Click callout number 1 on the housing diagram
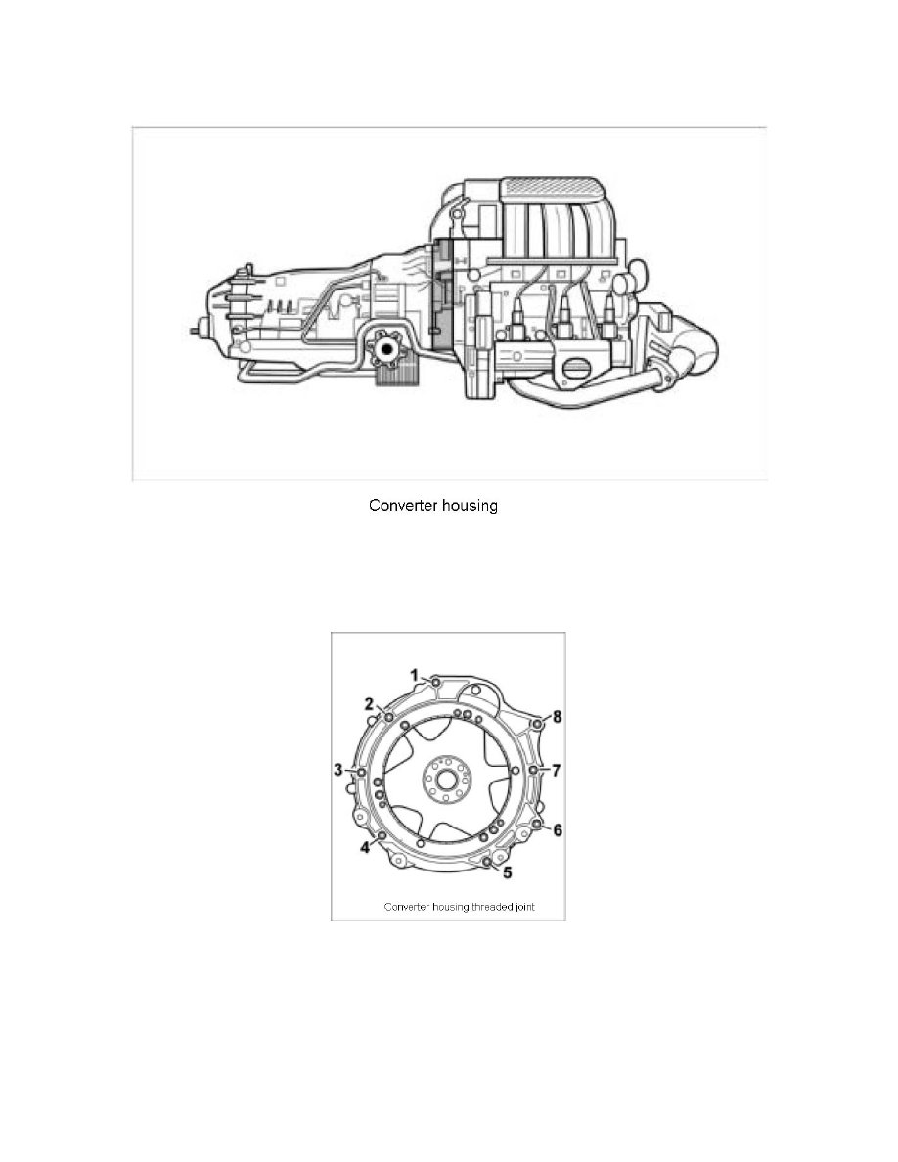414,675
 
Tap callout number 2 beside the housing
371,703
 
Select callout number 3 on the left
339,770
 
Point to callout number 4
365,847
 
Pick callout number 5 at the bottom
506,870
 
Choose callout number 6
558,829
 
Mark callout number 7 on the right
556,770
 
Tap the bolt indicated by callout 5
487,861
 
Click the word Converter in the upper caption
401,507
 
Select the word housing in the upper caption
469,507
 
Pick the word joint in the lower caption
523,907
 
